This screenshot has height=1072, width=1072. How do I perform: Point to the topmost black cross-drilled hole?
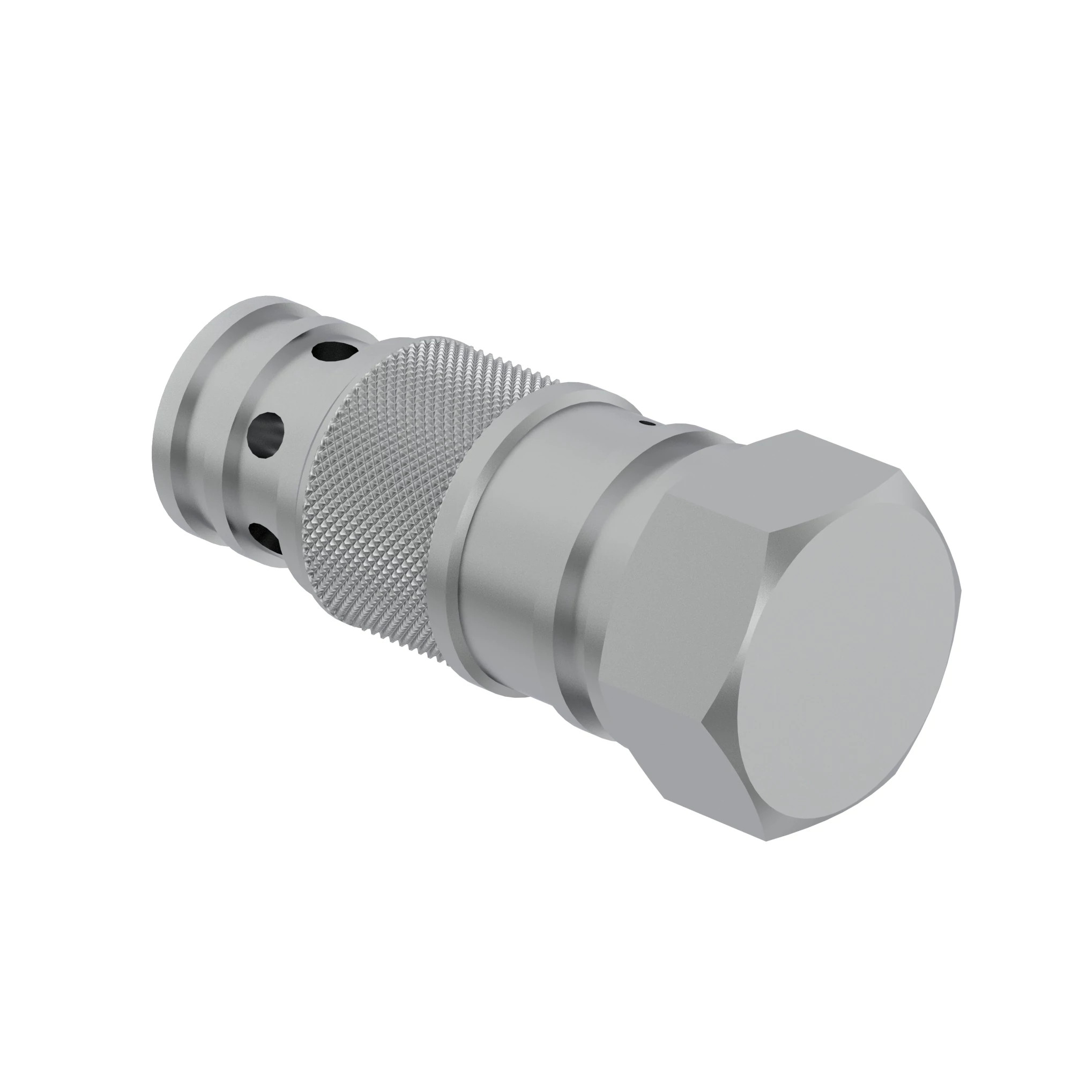(x=333, y=352)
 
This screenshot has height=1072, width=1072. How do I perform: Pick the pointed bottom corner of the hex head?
(x=766, y=839)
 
